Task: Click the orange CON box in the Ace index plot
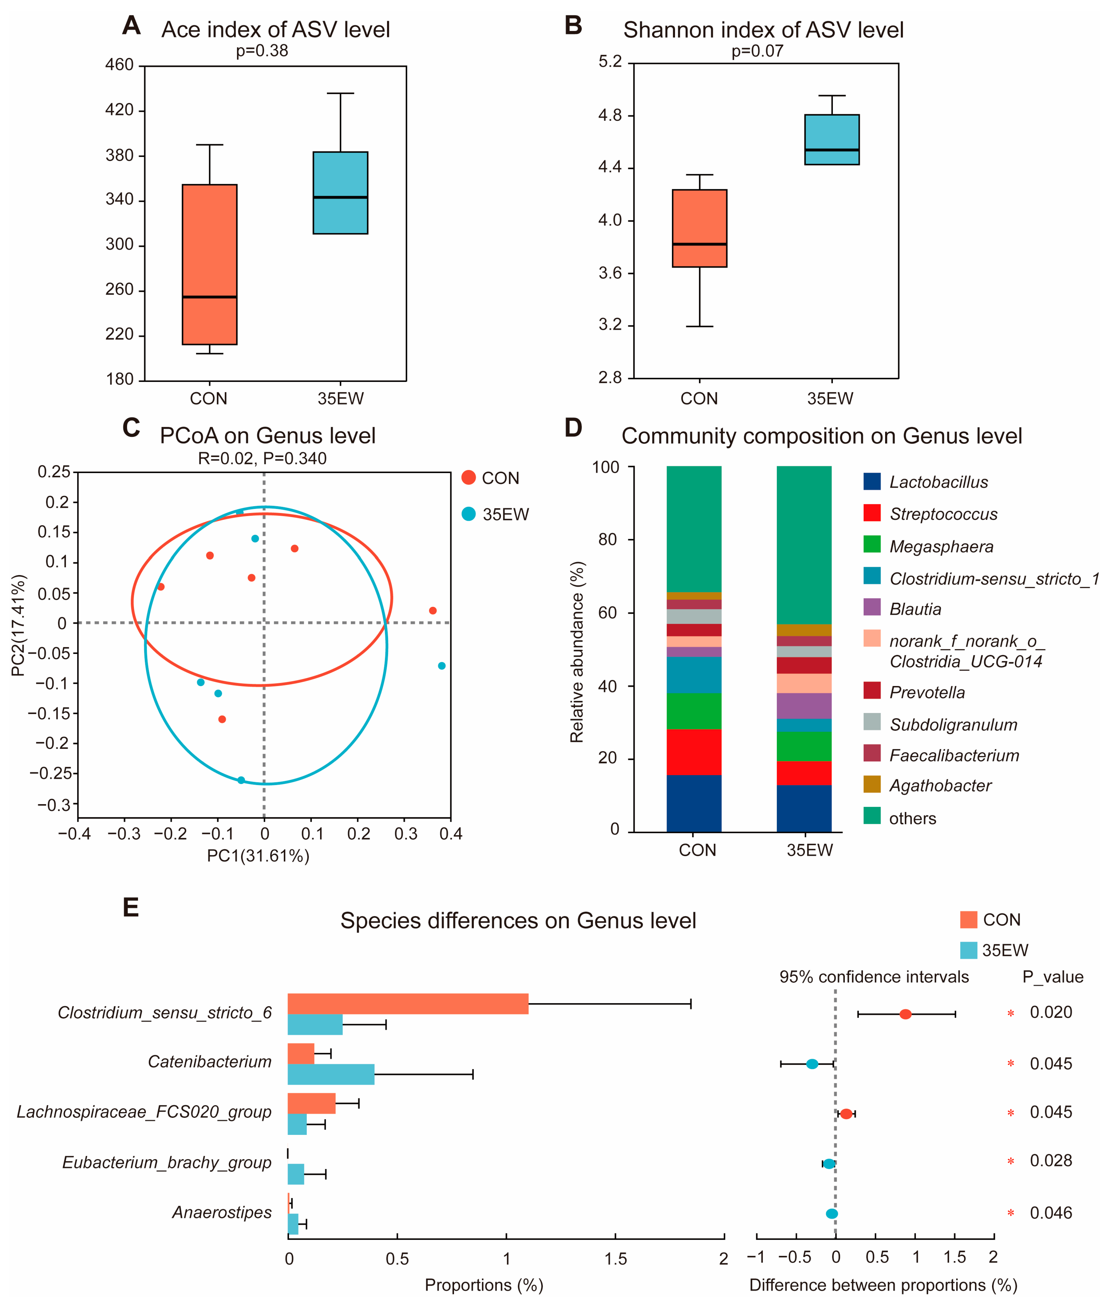tap(210, 264)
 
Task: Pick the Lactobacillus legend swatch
tap(872, 482)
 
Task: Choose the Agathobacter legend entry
tap(940, 785)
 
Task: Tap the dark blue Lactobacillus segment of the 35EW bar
tap(804, 808)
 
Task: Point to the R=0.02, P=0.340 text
tap(262, 458)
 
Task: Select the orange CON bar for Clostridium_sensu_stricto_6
tap(408, 1004)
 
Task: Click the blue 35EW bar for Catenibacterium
tap(331, 1074)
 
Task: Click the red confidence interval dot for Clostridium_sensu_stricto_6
tap(905, 1014)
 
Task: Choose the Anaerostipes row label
tap(222, 1212)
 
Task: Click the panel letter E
tap(131, 907)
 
